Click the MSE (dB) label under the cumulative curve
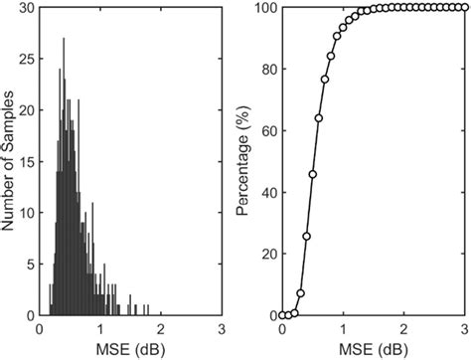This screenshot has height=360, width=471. (373, 347)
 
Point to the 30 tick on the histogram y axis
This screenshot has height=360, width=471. (28, 8)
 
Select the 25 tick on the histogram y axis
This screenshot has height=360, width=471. (28, 59)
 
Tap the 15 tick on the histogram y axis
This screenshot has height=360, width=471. (28, 161)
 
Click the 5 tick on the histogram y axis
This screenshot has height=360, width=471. (31, 264)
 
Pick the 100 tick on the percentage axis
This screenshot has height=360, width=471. (264, 8)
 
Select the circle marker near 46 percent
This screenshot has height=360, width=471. (312, 174)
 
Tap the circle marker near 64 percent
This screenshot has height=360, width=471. (319, 118)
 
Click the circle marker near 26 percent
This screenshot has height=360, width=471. (306, 236)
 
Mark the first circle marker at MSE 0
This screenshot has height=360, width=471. (282, 314)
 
